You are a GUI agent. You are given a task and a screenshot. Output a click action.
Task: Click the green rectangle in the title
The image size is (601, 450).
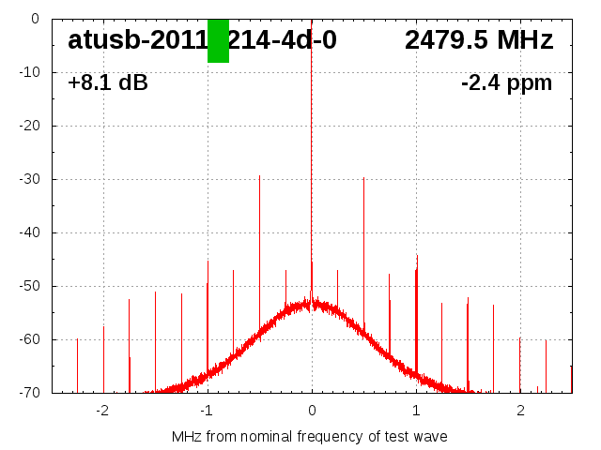(218, 41)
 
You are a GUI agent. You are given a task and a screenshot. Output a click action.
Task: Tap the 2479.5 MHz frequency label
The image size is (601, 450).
(479, 40)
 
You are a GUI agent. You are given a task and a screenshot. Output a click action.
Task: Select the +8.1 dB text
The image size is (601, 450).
(108, 83)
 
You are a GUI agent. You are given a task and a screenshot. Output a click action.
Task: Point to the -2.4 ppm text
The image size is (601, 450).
(506, 83)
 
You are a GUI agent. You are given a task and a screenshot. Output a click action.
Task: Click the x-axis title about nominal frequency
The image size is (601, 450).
(310, 437)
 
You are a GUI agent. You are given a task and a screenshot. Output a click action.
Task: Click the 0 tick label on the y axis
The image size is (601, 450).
(34, 19)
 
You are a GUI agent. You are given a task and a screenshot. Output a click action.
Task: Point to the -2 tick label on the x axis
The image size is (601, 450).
(101, 411)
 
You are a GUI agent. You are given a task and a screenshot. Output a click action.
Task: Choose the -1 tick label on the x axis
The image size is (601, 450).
(206, 411)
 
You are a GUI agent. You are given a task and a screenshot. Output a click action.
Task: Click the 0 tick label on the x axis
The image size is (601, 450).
(312, 411)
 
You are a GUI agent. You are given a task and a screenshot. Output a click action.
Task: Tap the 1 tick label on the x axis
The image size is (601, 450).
(416, 411)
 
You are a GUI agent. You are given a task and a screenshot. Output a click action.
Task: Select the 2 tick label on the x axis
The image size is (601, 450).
(520, 411)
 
